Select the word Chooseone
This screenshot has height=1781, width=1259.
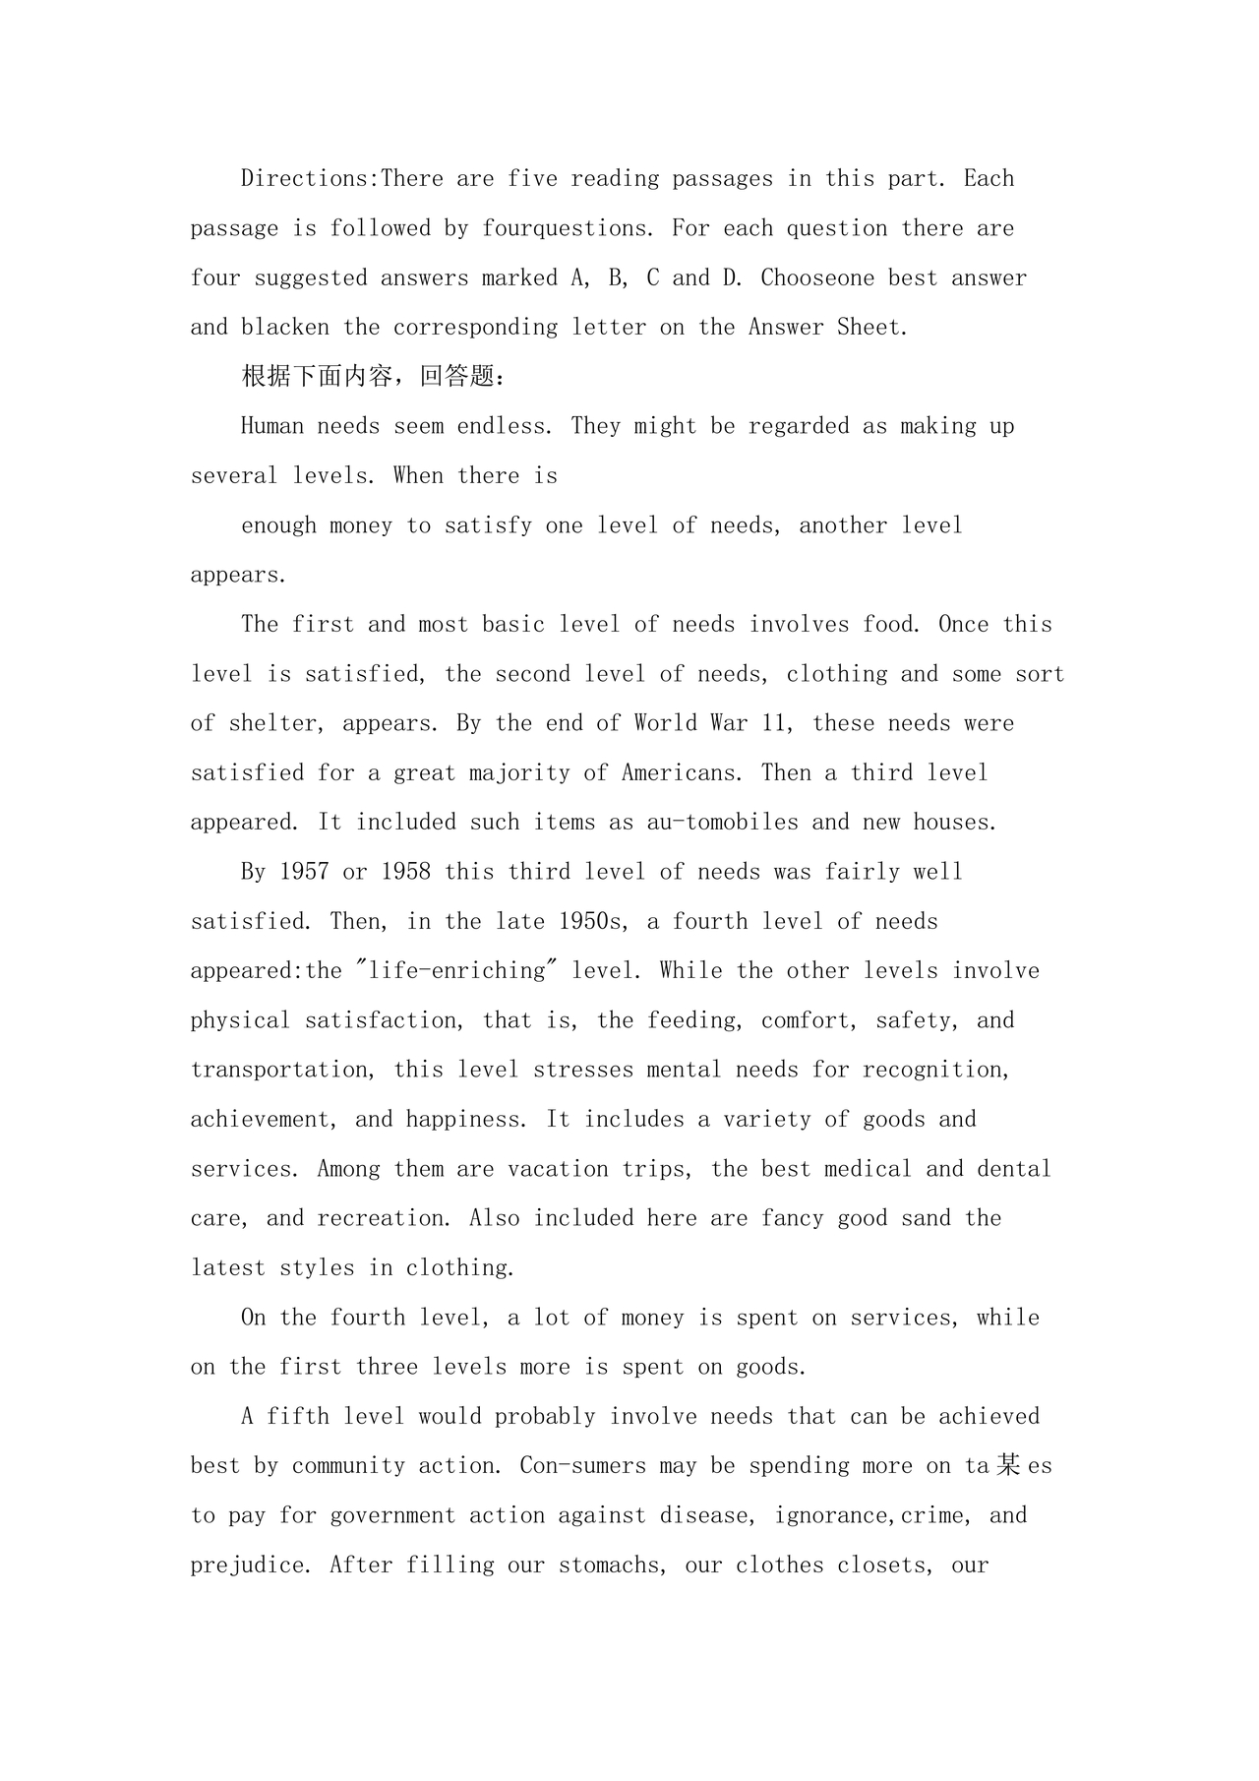point(817,278)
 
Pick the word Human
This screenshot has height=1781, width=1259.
point(272,427)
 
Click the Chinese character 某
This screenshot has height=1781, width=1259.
point(1008,1465)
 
